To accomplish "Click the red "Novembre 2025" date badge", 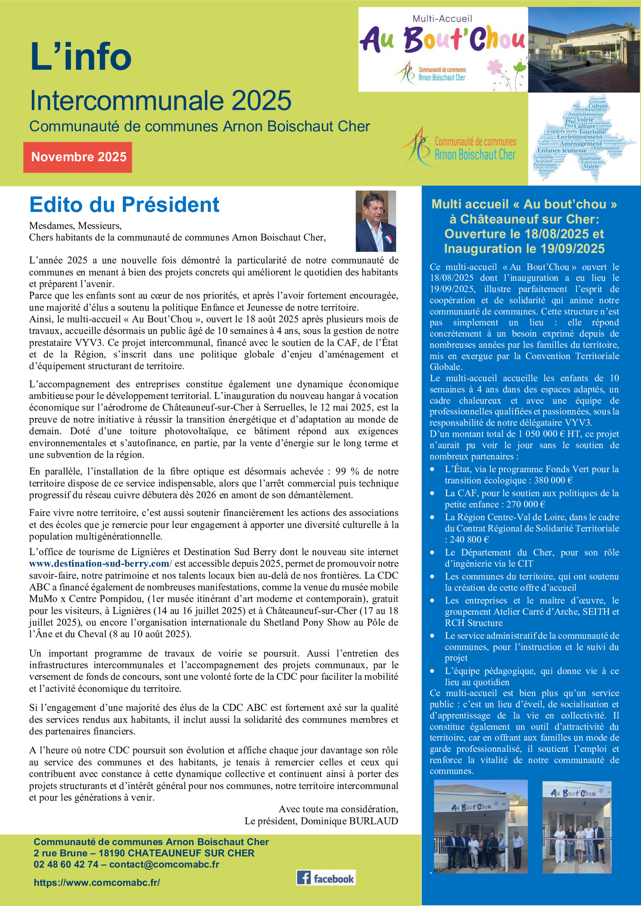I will (x=78, y=157).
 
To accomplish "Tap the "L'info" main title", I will (x=81, y=56).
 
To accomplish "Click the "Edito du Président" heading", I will (x=124, y=205).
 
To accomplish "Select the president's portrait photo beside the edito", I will (x=375, y=221).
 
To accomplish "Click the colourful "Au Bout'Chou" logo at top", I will (x=443, y=49).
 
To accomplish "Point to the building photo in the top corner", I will (x=584, y=49).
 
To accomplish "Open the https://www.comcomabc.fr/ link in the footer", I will (x=97, y=882).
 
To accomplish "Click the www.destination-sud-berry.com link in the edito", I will (x=101, y=564).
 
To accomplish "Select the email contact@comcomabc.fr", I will (x=164, y=864).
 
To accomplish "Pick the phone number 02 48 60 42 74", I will (x=66, y=864).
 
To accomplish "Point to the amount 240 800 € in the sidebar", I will (x=469, y=540).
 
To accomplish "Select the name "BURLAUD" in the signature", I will (x=373, y=821).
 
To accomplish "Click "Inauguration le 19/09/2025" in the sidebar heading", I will (x=524, y=249).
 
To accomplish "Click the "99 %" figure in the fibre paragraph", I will (x=347, y=471).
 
